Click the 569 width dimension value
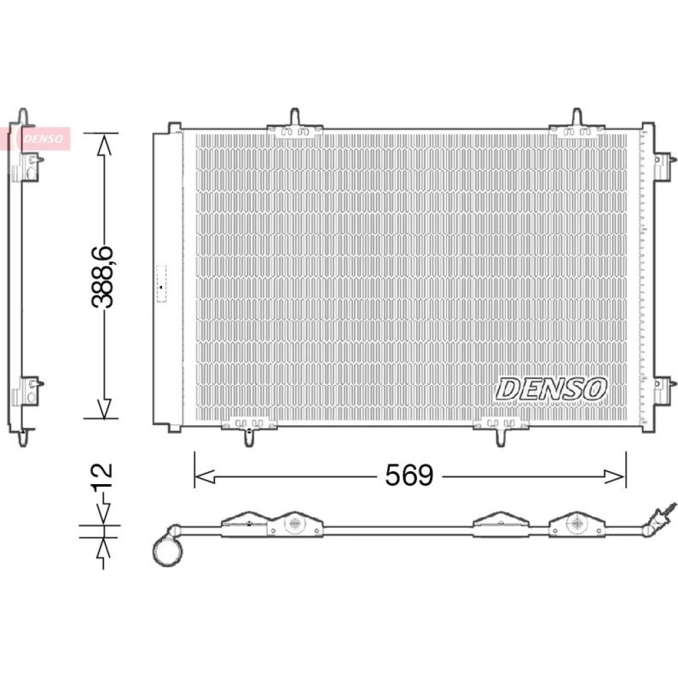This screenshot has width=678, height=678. (409, 475)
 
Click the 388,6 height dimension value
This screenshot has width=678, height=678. (102, 277)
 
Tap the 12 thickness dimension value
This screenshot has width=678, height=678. (102, 475)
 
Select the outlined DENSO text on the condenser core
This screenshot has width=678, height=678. (551, 388)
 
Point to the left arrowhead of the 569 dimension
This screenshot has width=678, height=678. (205, 477)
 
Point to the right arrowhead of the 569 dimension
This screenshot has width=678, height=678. (615, 477)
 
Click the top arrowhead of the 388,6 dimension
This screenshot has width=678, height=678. (104, 144)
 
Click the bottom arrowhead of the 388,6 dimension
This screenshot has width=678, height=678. (104, 408)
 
